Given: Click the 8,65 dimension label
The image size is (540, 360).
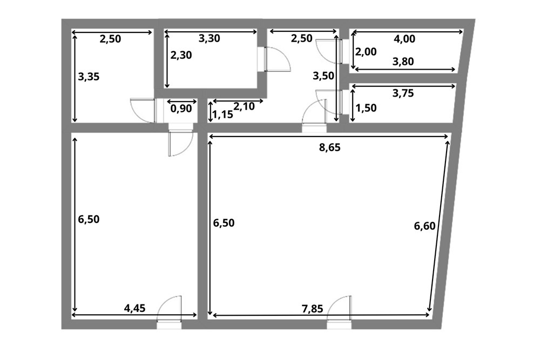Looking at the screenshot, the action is click(x=329, y=147).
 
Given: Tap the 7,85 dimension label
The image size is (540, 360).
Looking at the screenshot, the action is click(x=312, y=309).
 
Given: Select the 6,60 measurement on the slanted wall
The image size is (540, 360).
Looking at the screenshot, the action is click(x=424, y=226).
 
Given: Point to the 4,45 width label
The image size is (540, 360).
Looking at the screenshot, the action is click(x=134, y=308).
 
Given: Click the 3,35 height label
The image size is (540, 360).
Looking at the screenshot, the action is click(x=89, y=77).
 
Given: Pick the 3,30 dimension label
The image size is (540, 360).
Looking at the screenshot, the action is click(x=210, y=38).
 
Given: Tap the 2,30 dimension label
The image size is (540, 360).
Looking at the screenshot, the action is click(x=181, y=55).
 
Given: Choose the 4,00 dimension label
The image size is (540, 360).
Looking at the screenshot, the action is click(x=404, y=39).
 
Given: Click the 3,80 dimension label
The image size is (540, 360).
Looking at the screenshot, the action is click(x=403, y=62).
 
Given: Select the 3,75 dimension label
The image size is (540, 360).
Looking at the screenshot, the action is click(x=403, y=93).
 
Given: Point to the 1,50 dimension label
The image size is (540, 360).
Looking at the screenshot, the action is click(x=366, y=108).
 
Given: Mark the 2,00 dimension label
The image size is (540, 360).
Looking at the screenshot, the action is click(x=366, y=52).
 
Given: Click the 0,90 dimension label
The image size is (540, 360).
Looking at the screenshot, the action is click(x=181, y=108).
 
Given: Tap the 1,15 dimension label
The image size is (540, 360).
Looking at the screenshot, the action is click(x=222, y=114).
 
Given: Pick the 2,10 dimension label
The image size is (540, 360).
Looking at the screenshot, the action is click(x=244, y=107).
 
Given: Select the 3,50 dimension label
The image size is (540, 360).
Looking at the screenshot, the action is click(x=323, y=76).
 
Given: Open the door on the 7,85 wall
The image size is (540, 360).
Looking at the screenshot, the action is click(x=340, y=309).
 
